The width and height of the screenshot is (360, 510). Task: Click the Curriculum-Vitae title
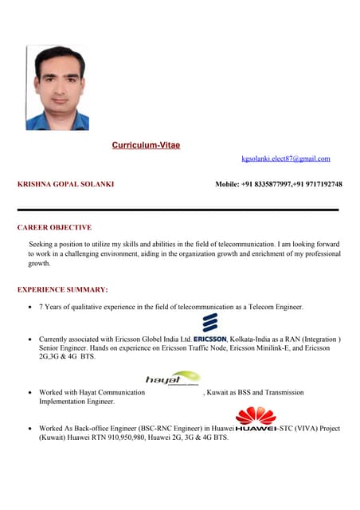point(146,145)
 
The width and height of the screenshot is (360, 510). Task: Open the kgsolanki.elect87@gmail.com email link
point(286,159)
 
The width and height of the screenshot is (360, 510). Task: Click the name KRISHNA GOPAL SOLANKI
point(65,184)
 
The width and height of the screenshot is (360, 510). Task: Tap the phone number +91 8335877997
point(269,184)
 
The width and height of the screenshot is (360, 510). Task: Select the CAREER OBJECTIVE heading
point(54,227)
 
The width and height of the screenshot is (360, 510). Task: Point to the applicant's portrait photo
point(57,88)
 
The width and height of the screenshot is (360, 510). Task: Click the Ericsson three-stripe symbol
point(210,322)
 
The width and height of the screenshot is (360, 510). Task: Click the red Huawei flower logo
point(256,414)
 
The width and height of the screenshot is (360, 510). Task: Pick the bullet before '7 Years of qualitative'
point(29,307)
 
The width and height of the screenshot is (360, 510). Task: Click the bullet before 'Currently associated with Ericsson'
point(29,339)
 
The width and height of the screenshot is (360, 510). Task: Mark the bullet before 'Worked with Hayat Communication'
point(29,393)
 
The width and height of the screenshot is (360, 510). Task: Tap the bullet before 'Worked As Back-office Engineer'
point(29,429)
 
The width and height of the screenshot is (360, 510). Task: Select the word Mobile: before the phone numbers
point(229,184)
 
